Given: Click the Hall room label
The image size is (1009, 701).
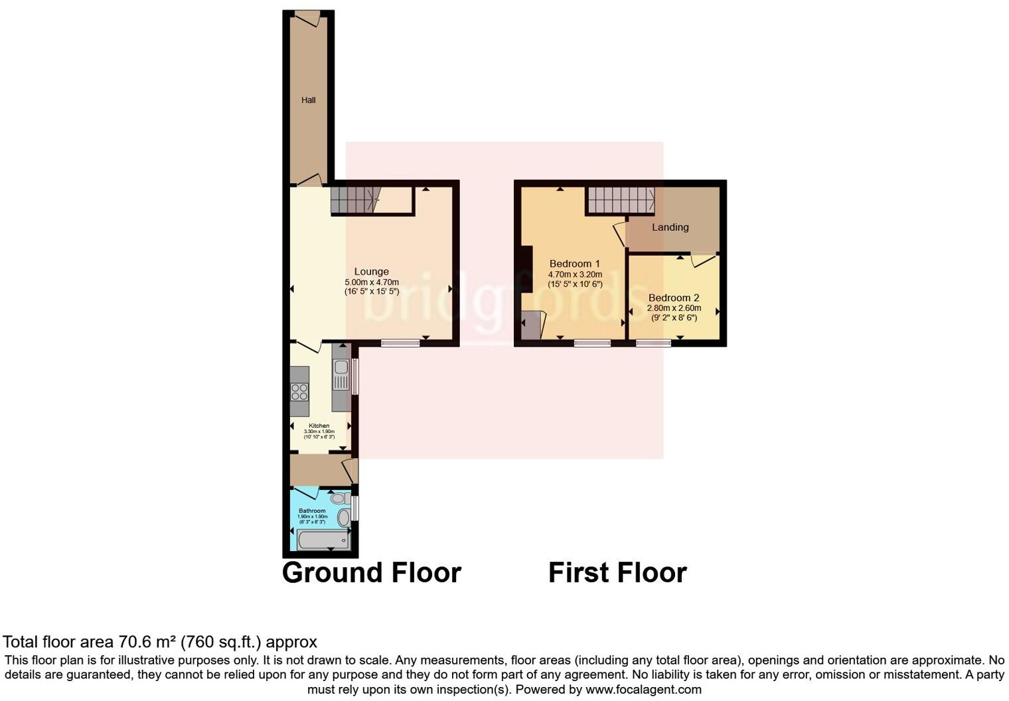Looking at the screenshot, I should (308, 100).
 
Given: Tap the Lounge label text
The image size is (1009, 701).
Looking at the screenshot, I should (371, 271).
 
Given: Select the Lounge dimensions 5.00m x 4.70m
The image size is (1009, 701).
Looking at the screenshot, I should (371, 282).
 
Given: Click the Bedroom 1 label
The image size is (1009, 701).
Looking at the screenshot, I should (574, 264).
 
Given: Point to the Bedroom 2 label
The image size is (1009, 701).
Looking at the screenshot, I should (674, 298).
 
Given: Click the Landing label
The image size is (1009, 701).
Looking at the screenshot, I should (670, 227).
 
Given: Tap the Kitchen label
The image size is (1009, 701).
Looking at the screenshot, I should (319, 426).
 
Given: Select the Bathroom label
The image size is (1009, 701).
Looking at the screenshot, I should (312, 511).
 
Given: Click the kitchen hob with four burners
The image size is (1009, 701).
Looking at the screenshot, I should (299, 391).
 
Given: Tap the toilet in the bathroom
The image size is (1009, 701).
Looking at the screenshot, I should (340, 499).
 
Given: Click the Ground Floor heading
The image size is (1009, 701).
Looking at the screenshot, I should (371, 572).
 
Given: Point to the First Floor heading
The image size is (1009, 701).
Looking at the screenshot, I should (617, 572).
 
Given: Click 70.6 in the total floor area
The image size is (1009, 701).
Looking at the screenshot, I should (132, 642).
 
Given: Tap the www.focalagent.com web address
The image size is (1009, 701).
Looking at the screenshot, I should (643, 690).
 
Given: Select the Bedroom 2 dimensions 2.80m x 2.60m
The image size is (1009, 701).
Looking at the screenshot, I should (674, 308).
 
